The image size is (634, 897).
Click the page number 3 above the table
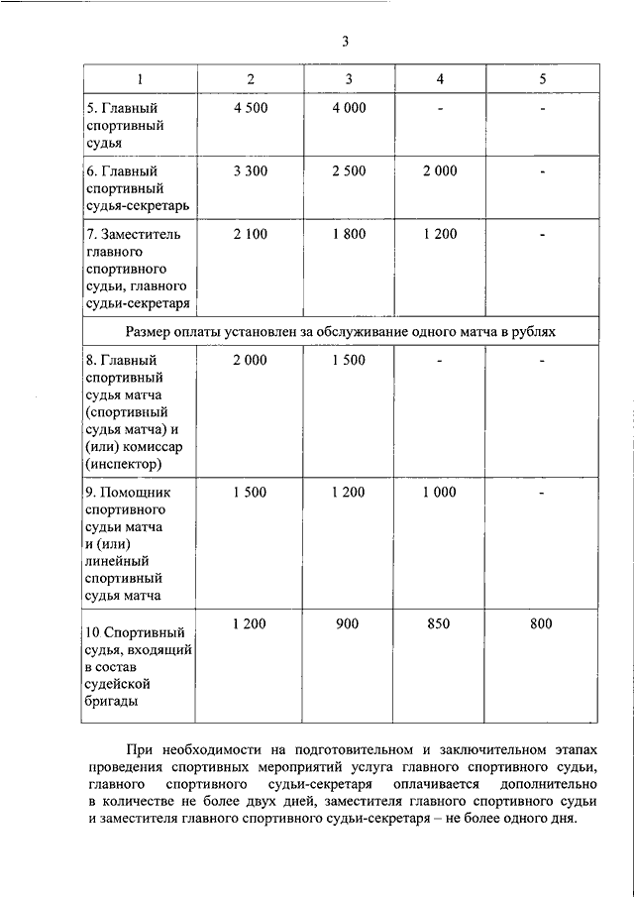pyautogui.click(x=346, y=41)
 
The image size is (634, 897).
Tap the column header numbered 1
pyautogui.click(x=140, y=78)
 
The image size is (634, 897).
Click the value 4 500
pyautogui.click(x=251, y=107)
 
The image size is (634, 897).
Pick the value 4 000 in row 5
pyautogui.click(x=349, y=107)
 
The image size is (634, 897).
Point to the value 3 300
pyautogui.click(x=251, y=170)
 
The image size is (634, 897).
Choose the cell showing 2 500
pyautogui.click(x=349, y=170)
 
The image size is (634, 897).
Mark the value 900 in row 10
pyautogui.click(x=348, y=623)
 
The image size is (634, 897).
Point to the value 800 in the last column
pyautogui.click(x=541, y=623)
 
